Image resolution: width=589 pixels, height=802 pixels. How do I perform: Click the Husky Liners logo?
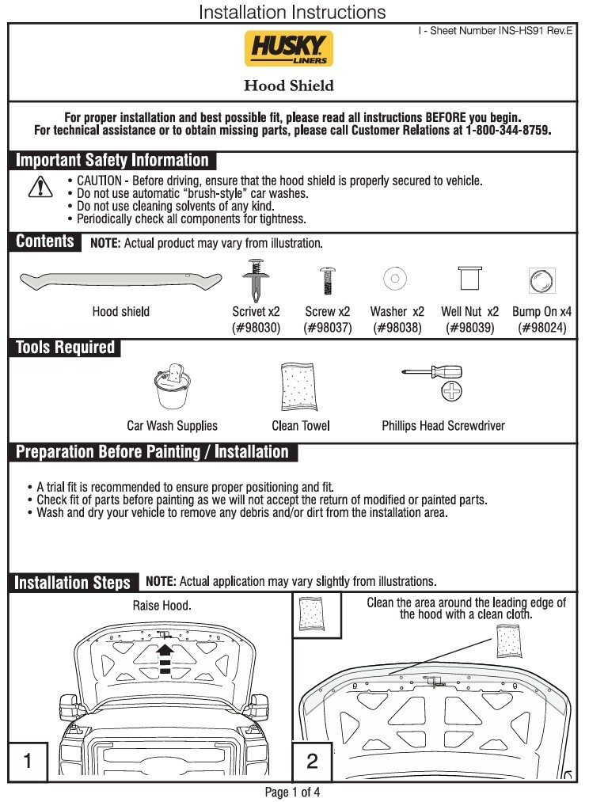(289, 48)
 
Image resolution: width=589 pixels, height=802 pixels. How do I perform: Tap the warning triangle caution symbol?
(40, 187)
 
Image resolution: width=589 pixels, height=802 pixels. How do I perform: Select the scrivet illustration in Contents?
(256, 280)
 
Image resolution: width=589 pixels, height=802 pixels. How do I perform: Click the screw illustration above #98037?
(327, 280)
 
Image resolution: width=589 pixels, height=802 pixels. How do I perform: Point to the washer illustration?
(395, 279)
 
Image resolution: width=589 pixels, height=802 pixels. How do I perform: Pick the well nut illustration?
(470, 278)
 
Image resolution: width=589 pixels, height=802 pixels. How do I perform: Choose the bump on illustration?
(542, 281)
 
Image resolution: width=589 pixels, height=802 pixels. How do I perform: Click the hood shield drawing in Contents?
(120, 281)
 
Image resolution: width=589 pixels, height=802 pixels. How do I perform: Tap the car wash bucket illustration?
(173, 386)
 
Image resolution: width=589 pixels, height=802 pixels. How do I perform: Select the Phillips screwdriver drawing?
(432, 372)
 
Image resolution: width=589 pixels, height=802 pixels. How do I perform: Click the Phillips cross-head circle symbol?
(451, 391)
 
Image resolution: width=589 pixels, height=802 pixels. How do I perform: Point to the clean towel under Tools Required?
(299, 386)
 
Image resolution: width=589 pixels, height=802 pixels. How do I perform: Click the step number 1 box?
(28, 761)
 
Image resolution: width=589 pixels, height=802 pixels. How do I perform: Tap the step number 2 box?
(312, 761)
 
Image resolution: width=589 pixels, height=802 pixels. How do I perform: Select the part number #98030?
(256, 327)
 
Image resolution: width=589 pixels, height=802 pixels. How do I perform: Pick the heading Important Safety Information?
(112, 160)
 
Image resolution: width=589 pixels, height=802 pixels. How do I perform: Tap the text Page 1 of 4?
(292, 792)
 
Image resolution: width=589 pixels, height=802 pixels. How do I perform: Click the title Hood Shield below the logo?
(289, 86)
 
